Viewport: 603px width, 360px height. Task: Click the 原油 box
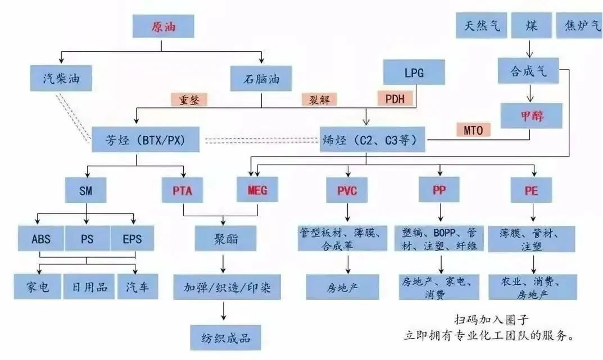click(x=163, y=26)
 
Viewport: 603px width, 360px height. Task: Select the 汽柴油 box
click(x=61, y=79)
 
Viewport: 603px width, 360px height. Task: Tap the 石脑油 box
click(x=261, y=79)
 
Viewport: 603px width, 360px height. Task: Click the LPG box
click(x=414, y=72)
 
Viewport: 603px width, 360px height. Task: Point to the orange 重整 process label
click(x=189, y=100)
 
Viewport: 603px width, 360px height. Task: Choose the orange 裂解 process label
click(x=319, y=100)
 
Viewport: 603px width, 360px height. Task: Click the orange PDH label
click(x=395, y=98)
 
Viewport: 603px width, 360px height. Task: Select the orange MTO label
click(x=473, y=130)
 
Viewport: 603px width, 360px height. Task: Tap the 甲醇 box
click(x=531, y=116)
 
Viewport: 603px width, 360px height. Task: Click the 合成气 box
click(x=528, y=71)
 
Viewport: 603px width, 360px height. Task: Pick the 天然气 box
click(x=482, y=25)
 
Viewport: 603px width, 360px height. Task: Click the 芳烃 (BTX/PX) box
click(x=146, y=139)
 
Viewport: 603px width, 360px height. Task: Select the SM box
click(x=86, y=190)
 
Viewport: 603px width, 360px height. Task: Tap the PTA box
click(x=182, y=190)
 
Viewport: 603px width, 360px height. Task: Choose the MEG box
click(x=257, y=189)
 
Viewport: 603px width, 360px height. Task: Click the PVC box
click(x=347, y=190)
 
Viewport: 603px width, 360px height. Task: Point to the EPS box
click(x=132, y=239)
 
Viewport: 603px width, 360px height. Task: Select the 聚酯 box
click(x=226, y=239)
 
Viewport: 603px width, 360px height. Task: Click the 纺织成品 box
click(x=226, y=338)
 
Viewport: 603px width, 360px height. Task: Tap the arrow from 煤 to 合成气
click(x=530, y=48)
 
